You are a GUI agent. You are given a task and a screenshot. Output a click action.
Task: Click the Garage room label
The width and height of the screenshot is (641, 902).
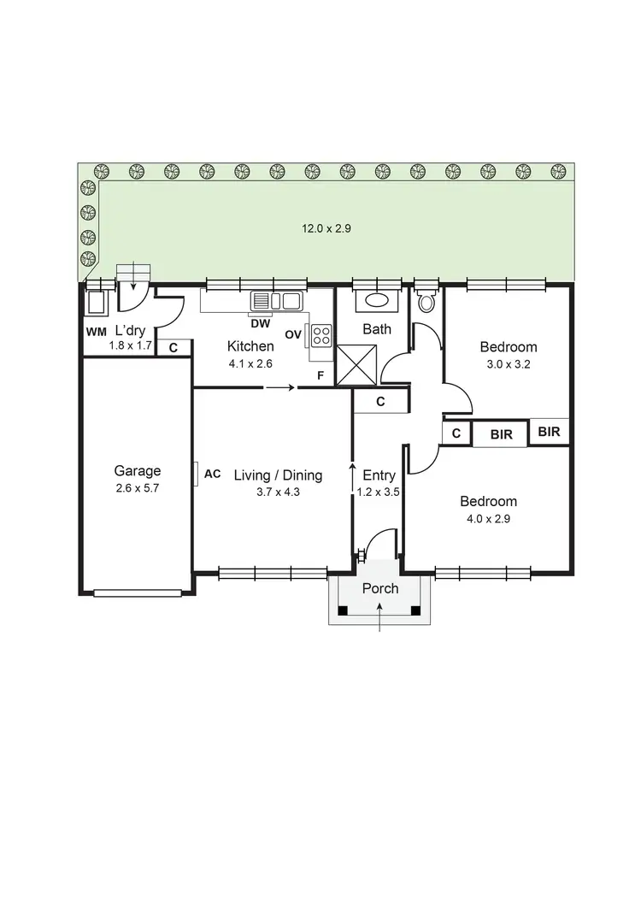138,470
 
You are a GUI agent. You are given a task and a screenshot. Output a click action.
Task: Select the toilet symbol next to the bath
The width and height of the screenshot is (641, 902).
426,300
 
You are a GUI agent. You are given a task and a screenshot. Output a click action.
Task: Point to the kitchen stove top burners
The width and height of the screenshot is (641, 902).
321,335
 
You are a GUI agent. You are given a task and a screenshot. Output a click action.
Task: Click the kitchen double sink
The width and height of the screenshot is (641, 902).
276,301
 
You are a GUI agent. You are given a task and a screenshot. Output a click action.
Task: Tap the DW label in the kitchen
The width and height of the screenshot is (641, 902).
262,323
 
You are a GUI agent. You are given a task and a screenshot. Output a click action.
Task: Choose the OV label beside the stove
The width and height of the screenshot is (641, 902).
293,334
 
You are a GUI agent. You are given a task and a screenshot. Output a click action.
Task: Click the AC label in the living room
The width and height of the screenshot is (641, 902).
213,474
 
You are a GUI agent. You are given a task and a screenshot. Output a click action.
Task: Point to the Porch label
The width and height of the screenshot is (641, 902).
379,588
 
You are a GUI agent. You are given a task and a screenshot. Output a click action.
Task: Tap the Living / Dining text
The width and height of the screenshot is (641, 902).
278,475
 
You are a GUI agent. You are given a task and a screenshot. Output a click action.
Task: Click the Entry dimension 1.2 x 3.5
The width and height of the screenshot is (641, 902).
379,492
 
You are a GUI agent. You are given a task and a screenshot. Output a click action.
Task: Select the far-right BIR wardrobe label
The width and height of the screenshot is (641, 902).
549,432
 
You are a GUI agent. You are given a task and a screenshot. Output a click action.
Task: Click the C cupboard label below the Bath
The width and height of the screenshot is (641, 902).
380,401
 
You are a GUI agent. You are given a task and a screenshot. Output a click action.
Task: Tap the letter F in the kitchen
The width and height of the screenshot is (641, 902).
320,375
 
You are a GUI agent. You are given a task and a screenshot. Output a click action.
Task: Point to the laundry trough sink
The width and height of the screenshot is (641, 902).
95,304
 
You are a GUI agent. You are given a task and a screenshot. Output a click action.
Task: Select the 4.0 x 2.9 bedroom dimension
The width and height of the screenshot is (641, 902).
488,518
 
